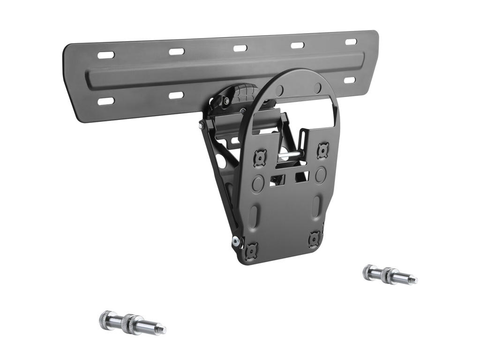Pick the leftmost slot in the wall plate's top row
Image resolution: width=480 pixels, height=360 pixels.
click(105, 55)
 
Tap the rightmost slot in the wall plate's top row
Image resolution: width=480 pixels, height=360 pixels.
click(351, 42)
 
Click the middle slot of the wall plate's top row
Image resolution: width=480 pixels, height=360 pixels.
click(240, 48)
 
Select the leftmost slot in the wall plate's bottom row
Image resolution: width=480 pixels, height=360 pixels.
click(105, 101)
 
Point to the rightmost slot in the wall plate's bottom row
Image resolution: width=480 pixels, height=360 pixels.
click(350, 80)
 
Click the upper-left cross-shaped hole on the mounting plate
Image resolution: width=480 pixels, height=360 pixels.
click(260, 158)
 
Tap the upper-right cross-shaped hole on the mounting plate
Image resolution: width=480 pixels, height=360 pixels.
click(322, 150)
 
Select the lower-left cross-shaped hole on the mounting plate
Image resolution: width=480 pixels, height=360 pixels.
click(251, 251)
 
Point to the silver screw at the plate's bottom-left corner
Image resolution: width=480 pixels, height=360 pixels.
click(235, 241)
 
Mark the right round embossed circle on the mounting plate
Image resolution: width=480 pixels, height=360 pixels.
click(321, 176)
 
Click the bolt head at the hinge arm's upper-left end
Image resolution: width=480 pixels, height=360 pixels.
click(202, 126)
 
